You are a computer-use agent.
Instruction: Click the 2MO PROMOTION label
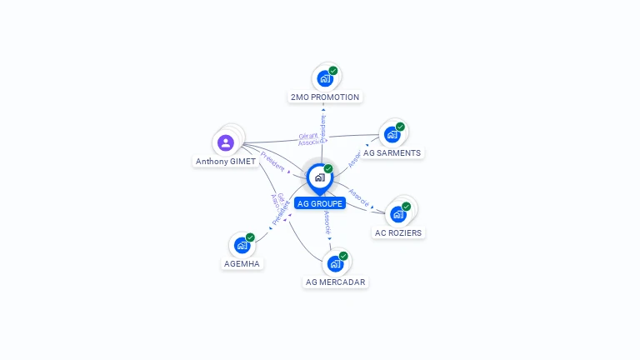(x=325, y=97)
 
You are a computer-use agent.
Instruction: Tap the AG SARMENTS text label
(x=392, y=153)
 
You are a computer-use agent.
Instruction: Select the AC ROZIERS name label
(x=398, y=233)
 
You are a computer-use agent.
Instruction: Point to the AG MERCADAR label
(x=336, y=282)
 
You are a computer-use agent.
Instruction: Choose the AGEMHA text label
(x=242, y=264)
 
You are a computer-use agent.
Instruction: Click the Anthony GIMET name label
(x=226, y=162)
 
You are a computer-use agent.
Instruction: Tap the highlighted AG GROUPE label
(x=320, y=203)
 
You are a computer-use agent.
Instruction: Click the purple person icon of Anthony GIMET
(x=226, y=142)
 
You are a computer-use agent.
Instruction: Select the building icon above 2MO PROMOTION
(x=324, y=78)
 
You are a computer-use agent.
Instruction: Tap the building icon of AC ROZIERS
(x=398, y=214)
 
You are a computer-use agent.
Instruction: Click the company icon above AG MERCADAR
(x=335, y=264)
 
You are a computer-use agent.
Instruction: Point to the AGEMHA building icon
(x=242, y=245)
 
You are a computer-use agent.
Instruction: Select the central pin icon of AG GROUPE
(x=319, y=177)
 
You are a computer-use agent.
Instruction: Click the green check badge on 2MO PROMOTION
(x=333, y=71)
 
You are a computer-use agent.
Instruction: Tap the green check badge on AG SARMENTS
(x=400, y=127)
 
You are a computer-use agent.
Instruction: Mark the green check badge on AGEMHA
(x=250, y=237)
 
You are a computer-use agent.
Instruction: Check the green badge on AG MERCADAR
(x=343, y=256)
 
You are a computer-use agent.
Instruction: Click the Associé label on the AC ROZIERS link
(x=359, y=197)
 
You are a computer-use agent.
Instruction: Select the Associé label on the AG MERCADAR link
(x=327, y=222)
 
